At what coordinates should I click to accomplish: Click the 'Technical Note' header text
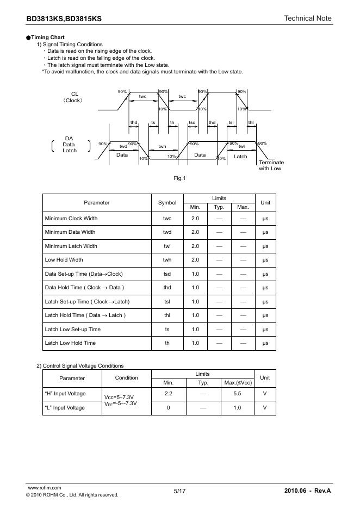point(307,18)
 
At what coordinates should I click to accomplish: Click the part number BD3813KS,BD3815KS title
point(64,19)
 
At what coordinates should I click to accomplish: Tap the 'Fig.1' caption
point(179,178)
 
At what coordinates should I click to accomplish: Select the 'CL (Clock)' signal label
point(74,97)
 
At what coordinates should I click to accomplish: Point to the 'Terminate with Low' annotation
point(270,166)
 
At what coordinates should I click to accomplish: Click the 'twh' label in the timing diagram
point(162,146)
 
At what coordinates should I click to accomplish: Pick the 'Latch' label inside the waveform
point(240,157)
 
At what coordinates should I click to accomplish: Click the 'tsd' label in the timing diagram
point(192,122)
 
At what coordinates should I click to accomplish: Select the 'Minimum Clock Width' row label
point(71,219)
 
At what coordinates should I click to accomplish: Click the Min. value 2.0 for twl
point(195,246)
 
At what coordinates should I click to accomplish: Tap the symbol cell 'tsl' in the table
point(167,302)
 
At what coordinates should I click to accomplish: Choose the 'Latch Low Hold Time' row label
point(70,343)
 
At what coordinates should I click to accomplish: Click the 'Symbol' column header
point(167,203)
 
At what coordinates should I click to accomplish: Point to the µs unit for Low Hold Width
point(265,260)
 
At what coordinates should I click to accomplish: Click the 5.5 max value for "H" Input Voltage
point(237,394)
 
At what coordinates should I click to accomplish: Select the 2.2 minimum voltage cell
point(169,394)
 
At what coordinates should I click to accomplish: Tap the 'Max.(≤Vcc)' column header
point(237,383)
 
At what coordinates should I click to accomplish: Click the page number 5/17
point(180,491)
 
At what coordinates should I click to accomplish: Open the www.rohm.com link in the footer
point(44,488)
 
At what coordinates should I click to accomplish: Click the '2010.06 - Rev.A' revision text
point(307,491)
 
